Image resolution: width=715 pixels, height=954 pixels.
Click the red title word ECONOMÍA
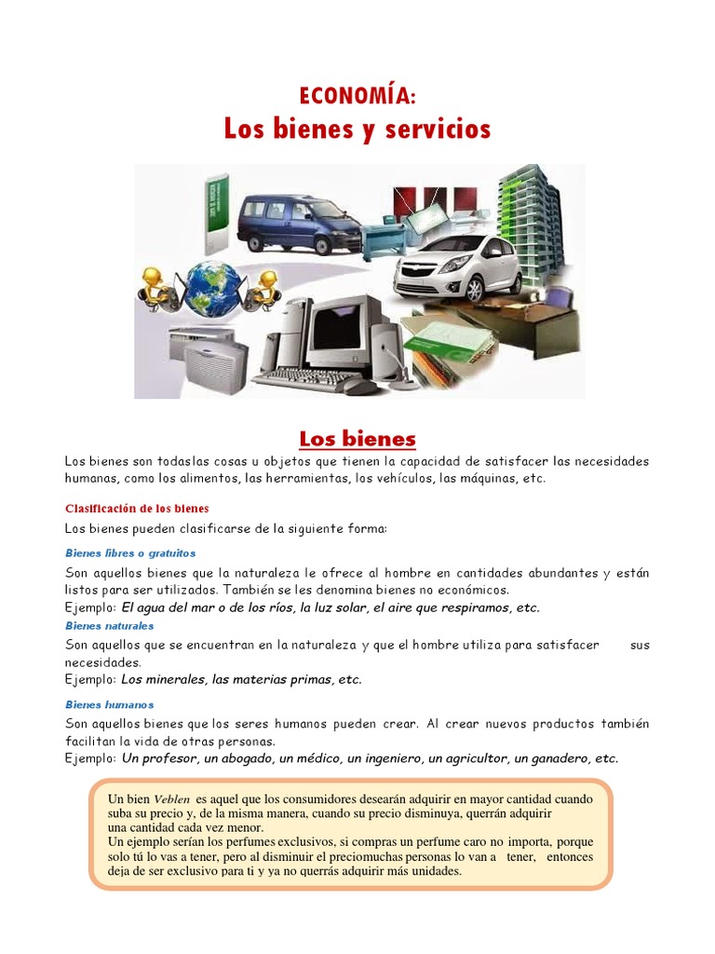click(x=357, y=95)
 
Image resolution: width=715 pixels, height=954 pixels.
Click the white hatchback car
click(x=456, y=265)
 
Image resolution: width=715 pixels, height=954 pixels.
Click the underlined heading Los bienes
click(x=357, y=438)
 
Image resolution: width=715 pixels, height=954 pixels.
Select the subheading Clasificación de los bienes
click(x=137, y=508)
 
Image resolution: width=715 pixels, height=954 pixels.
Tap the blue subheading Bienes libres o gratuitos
click(x=130, y=552)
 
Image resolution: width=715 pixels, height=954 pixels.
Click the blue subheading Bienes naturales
click(x=110, y=626)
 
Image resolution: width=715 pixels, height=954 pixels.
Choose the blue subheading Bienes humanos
click(x=109, y=704)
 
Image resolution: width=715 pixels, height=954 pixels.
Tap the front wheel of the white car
click(x=476, y=290)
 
